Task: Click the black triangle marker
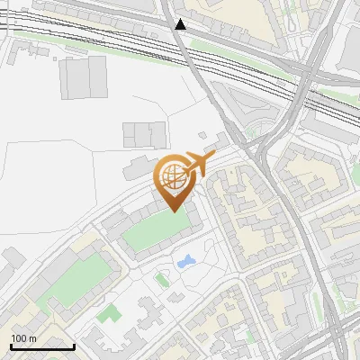(x=181, y=24)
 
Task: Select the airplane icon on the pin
(x=199, y=163)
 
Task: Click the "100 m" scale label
(x=23, y=338)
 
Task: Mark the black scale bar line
(x=42, y=346)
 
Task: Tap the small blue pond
(x=187, y=262)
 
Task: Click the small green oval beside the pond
(x=162, y=280)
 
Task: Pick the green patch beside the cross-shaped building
(x=110, y=313)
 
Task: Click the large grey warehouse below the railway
(x=83, y=77)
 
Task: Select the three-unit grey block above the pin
(x=144, y=135)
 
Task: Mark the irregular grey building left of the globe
(x=137, y=167)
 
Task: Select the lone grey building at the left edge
(x=12, y=262)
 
